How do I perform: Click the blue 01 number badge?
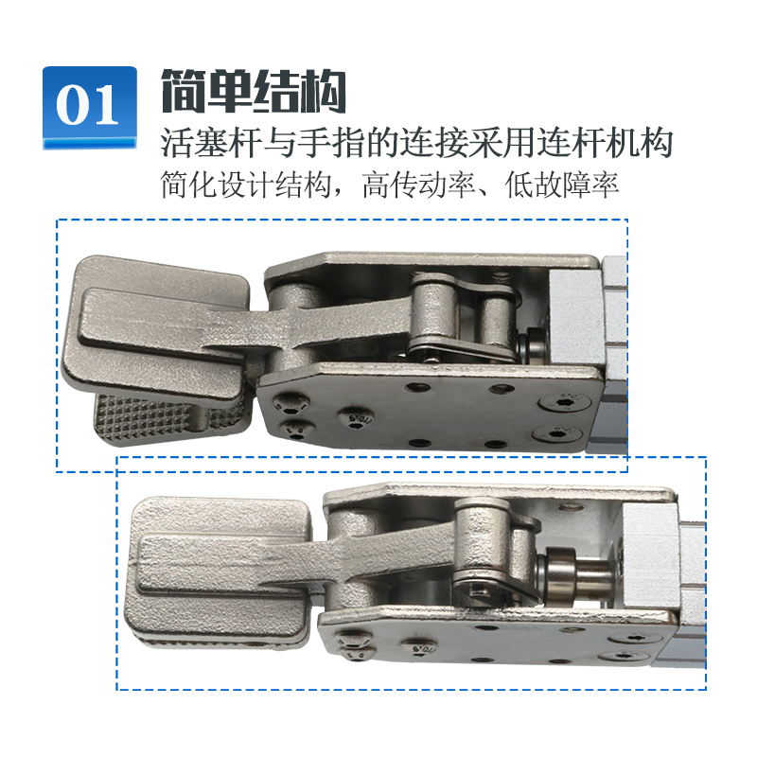click(x=89, y=106)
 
